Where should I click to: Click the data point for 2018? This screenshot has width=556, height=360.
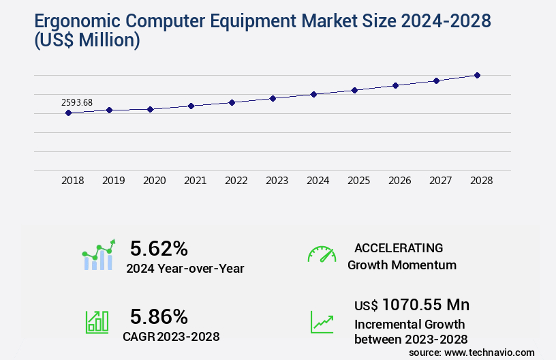coord(68,112)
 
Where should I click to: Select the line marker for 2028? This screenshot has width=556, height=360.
coord(477,75)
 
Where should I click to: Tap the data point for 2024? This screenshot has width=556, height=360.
coord(313,94)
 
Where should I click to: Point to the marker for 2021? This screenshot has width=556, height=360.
coord(191,106)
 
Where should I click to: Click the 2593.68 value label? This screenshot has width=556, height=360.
coord(77,103)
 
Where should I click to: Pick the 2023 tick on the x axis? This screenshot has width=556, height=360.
coord(277,181)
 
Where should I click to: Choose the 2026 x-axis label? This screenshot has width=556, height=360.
coord(399,181)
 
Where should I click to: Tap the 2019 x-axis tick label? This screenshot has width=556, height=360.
coord(113,181)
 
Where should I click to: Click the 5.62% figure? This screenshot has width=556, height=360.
coord(159,248)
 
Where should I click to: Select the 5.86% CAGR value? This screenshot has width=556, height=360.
coord(159,316)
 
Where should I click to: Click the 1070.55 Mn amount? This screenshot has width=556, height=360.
coord(425,305)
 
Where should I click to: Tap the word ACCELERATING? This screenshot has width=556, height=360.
coord(399,248)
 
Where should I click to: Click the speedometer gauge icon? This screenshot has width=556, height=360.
coord(322,254)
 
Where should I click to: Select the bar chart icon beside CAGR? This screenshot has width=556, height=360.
coord(97,322)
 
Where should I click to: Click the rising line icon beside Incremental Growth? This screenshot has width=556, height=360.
coord(322,322)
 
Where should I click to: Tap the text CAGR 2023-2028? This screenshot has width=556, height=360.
coord(171,336)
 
